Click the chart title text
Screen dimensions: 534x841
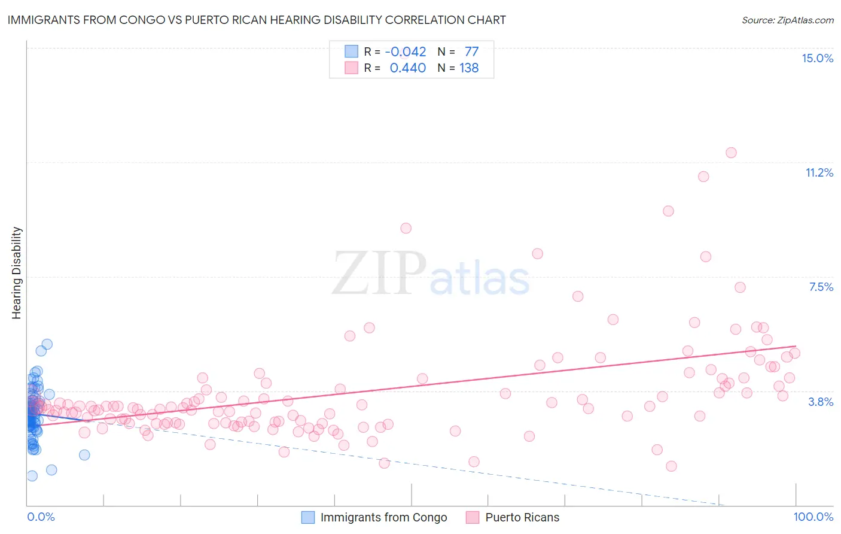point(257,20)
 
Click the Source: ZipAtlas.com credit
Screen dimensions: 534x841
point(787,20)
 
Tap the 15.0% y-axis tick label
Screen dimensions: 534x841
point(817,58)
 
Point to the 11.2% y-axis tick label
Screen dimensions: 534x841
point(819,172)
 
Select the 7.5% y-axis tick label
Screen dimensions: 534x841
point(821,287)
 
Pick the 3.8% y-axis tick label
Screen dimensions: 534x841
point(821,402)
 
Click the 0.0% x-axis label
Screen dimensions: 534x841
point(41,517)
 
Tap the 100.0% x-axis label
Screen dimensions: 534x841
point(813,517)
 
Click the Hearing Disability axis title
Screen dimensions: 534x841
point(17,273)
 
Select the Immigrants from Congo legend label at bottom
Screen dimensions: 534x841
point(383,517)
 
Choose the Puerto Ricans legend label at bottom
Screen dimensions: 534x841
point(522,517)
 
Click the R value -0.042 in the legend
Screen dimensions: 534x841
point(406,51)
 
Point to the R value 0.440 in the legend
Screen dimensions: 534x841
point(407,68)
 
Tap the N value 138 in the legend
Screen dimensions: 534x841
point(469,68)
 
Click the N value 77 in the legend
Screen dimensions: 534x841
point(471,51)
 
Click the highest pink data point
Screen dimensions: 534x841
point(731,153)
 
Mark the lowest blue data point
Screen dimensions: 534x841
point(32,476)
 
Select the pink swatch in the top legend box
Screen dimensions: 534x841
point(351,68)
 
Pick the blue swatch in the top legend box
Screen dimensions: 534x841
point(351,51)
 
